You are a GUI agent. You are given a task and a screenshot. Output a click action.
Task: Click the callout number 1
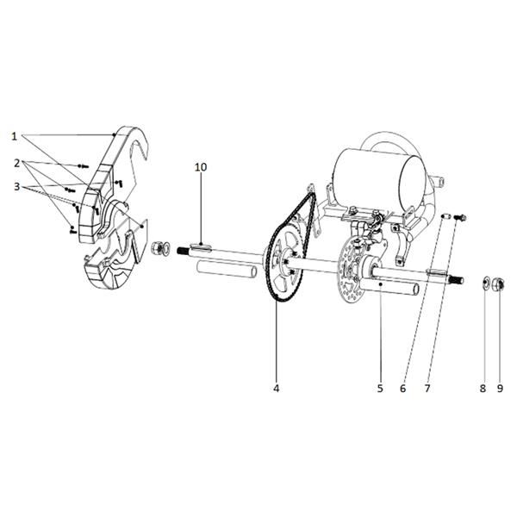(14, 136)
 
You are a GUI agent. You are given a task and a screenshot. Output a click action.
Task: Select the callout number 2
(17, 163)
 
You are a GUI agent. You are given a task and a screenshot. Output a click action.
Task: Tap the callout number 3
(17, 187)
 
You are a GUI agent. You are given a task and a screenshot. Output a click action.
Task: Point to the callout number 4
(277, 389)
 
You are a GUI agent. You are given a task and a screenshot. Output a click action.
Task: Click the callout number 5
(380, 389)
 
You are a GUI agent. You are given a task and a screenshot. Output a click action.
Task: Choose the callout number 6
(403, 389)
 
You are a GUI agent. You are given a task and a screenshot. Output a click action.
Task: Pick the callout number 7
(427, 389)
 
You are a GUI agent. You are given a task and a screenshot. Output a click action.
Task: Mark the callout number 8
(483, 389)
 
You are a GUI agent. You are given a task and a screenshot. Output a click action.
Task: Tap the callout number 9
(500, 389)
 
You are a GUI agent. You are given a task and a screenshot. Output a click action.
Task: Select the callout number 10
(201, 167)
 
